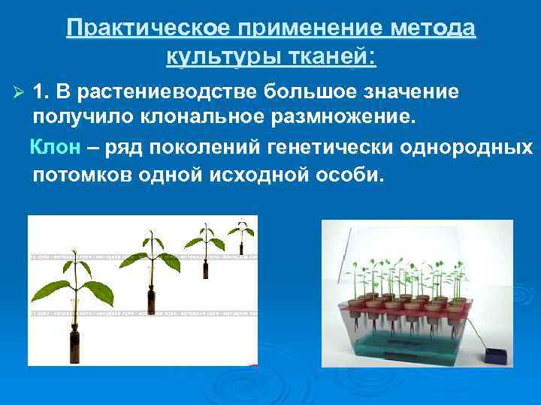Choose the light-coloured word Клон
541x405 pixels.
pyautogui.click(x=54, y=147)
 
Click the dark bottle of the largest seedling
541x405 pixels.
pyautogui.click(x=76, y=344)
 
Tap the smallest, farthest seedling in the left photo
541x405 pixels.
pyautogui.click(x=241, y=232)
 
